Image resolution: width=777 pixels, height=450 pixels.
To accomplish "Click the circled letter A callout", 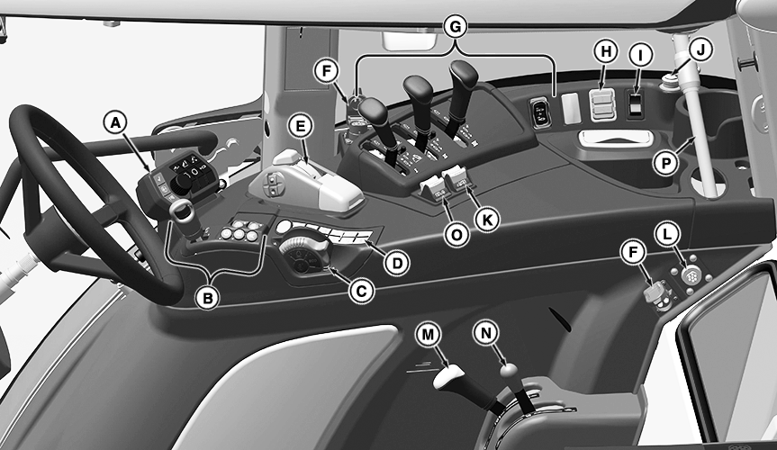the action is [x=115, y=121].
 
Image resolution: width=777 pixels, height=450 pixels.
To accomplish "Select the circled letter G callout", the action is [x=455, y=27].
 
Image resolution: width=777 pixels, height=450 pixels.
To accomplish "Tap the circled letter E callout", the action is [x=301, y=126].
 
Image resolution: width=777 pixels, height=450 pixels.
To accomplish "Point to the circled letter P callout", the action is [x=665, y=163].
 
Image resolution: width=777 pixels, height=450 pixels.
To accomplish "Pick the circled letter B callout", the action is [x=208, y=298].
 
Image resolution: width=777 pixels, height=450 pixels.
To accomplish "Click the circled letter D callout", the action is [x=397, y=263].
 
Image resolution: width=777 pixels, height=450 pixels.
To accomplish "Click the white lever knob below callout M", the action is [x=448, y=377].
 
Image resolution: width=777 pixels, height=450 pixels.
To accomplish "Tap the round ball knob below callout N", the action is [x=509, y=370].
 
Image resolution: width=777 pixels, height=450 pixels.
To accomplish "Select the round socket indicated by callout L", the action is [x=690, y=275].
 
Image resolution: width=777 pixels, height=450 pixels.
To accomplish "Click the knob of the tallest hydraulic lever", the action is [x=464, y=76].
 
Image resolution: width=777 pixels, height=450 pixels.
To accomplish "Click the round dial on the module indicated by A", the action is [x=182, y=183].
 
